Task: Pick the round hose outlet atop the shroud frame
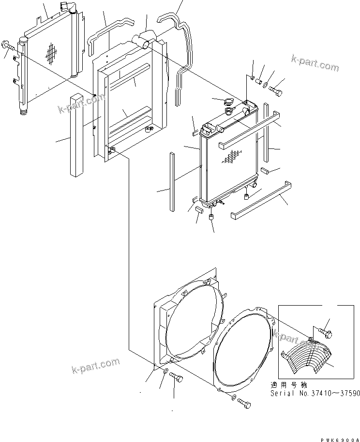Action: click(x=146, y=42)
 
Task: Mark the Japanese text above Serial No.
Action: click(x=289, y=385)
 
